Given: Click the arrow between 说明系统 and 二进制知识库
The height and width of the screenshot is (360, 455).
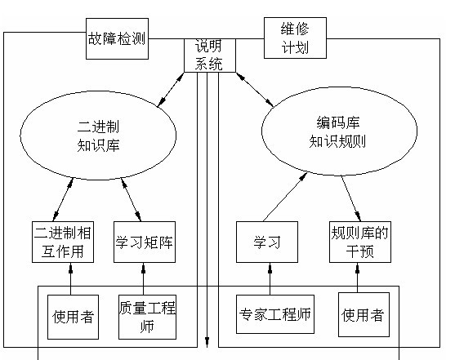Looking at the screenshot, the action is click(171, 90).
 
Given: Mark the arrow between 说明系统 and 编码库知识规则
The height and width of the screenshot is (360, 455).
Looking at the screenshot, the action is click(255, 89).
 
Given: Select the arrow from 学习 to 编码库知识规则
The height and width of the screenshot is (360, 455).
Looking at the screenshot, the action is click(285, 197).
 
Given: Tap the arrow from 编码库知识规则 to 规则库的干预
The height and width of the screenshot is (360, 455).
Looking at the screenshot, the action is click(351, 198).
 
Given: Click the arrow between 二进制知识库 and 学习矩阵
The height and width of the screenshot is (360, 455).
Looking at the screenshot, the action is click(132, 200).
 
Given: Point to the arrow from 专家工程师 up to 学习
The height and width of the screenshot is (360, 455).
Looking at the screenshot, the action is click(270, 278).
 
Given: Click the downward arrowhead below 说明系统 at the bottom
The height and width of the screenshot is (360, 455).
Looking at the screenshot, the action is click(207, 342).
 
